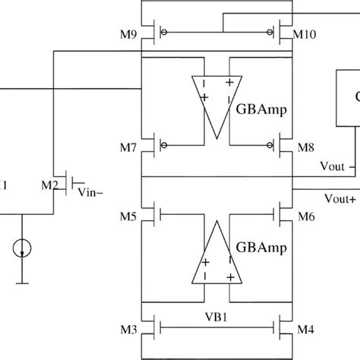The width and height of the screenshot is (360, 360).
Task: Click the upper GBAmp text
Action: [262, 109]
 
